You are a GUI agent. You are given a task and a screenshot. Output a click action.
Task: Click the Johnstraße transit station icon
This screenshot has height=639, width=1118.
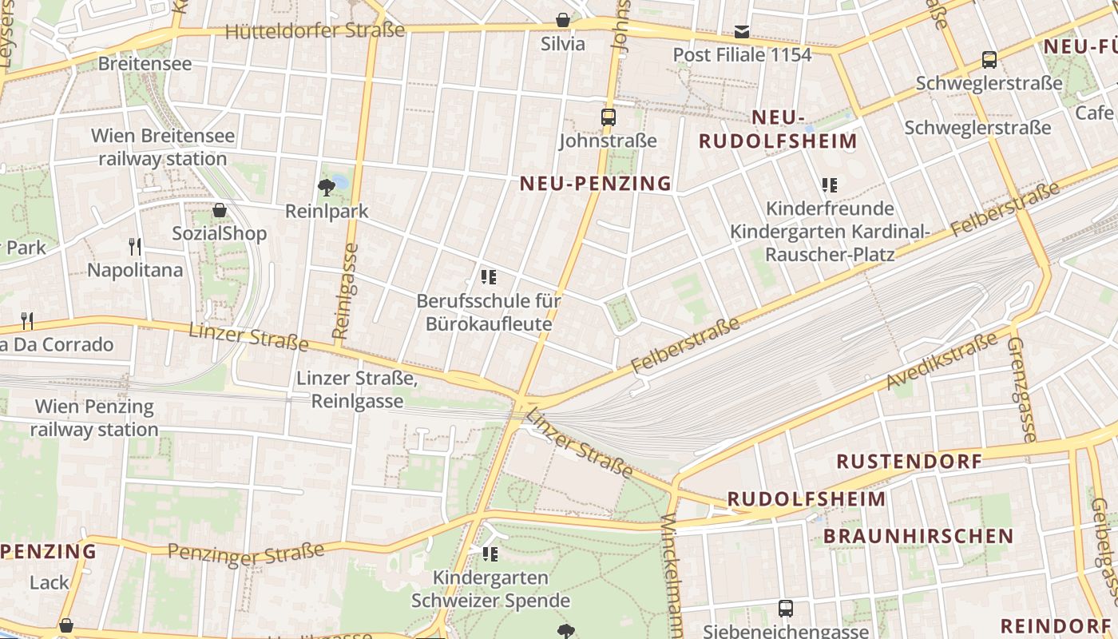609,117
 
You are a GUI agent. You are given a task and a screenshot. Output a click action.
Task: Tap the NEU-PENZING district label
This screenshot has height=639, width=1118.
596,184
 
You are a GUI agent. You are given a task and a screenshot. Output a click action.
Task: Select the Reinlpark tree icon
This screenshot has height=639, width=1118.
326,188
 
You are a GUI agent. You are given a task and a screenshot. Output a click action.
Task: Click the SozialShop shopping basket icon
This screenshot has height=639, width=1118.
220,211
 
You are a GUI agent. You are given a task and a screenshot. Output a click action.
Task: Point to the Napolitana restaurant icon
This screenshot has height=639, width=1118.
135,247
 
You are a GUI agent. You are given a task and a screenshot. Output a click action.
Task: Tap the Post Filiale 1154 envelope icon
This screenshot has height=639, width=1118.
742,32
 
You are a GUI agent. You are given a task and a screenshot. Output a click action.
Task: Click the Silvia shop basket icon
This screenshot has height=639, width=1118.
563,21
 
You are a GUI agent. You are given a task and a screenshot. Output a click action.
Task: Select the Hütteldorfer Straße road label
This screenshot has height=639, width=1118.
315,31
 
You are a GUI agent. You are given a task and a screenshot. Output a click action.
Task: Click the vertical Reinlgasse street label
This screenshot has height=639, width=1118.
344,292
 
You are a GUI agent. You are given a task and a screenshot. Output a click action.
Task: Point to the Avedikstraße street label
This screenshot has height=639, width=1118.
942,361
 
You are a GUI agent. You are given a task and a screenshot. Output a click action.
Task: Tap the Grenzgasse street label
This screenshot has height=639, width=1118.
1021,389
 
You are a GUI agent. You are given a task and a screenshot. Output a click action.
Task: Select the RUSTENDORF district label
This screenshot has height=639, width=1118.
909,462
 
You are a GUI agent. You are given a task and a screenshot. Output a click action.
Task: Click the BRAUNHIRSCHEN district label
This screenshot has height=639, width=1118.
918,536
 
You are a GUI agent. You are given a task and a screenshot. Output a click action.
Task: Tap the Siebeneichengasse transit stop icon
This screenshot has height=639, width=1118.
786,609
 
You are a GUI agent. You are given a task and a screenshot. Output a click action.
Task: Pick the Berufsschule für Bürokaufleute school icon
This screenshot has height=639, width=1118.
489,277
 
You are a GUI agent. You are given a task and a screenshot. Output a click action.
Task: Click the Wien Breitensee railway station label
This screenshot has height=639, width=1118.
163,147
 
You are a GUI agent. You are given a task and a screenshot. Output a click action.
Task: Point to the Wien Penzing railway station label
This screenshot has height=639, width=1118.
94,418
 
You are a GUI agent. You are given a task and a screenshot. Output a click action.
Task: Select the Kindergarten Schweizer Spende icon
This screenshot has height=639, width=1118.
490,554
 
